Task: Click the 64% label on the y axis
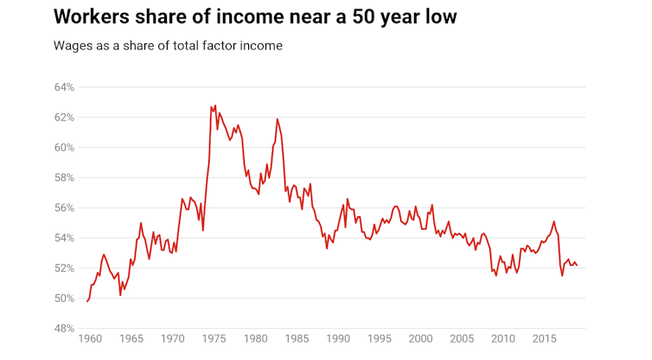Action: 65,87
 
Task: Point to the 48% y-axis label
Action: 65,329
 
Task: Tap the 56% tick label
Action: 65,208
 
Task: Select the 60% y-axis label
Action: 65,148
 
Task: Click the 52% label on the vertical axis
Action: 65,268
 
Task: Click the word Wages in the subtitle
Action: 73,45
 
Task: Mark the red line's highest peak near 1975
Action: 214,106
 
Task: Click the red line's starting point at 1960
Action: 87,301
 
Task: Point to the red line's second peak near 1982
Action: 278,119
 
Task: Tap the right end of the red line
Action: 577,265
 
